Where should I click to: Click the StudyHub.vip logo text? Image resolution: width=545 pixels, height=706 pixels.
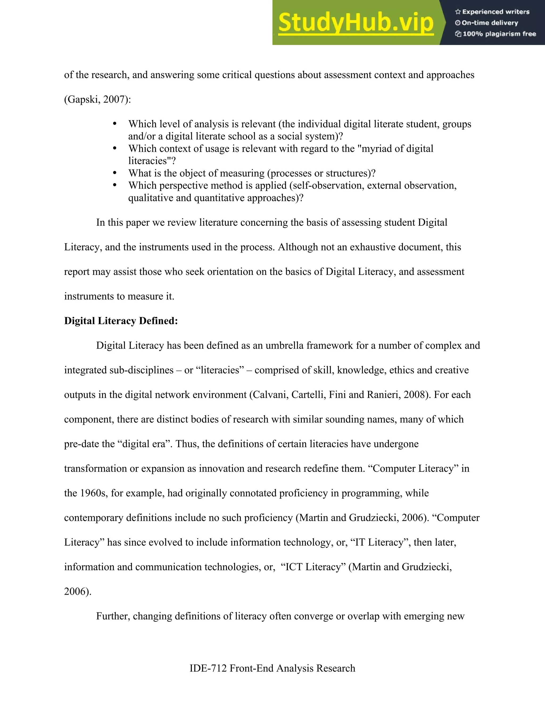[356, 23]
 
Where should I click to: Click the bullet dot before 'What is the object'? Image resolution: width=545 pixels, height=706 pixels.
[115, 173]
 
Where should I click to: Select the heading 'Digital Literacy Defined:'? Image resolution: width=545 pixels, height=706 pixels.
[121, 321]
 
